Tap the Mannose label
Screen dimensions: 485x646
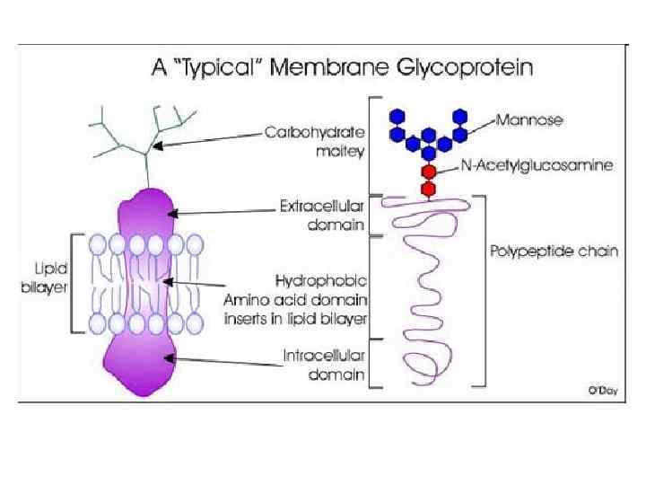pos(528,119)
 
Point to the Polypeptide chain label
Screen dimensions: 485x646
pos(554,251)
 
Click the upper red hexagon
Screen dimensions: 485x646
pos(429,171)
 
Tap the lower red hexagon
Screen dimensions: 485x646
pos(429,189)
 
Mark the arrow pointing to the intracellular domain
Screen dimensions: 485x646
pos(224,362)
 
